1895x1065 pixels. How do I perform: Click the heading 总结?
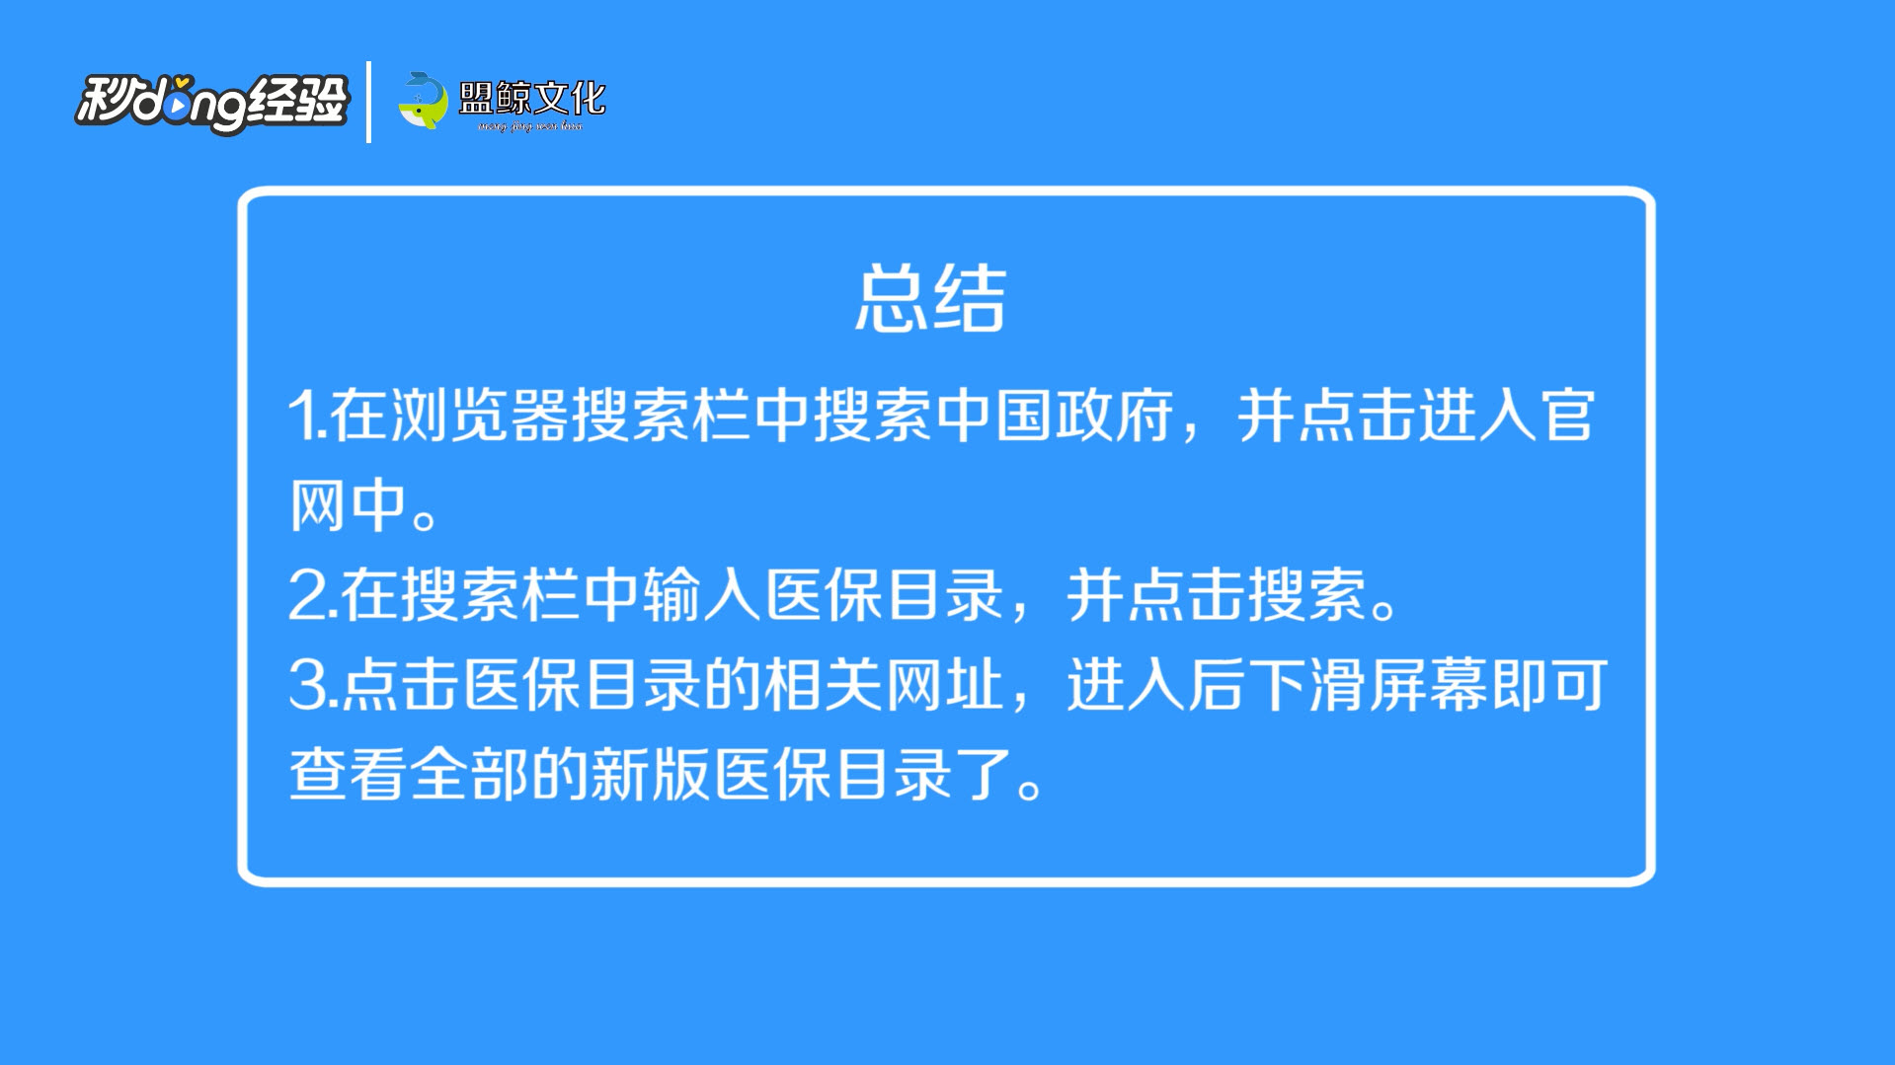930,297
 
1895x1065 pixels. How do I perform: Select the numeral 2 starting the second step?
307,595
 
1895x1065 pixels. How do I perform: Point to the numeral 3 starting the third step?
307,685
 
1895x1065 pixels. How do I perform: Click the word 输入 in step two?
702,594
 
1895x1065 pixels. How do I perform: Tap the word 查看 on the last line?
348,774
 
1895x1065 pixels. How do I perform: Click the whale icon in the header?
423,101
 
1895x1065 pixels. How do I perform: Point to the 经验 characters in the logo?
297,100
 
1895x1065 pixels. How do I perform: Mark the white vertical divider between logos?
368,102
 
